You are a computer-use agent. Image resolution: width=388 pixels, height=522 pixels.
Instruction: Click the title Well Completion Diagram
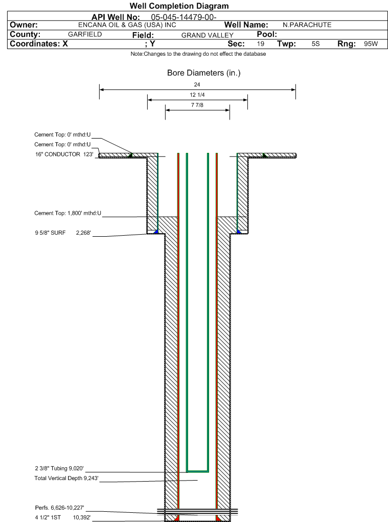pyautogui.click(x=179, y=6)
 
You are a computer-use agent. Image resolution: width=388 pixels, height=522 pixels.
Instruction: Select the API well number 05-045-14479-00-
pyautogui.click(x=184, y=17)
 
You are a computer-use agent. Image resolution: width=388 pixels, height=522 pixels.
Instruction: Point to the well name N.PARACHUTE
pyautogui.click(x=307, y=25)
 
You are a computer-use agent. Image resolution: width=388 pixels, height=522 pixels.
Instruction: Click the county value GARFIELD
pyautogui.click(x=85, y=34)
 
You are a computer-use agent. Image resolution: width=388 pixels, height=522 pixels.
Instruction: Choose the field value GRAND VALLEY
pyautogui.click(x=207, y=35)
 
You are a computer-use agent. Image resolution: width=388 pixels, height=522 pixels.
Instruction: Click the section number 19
pyautogui.click(x=261, y=44)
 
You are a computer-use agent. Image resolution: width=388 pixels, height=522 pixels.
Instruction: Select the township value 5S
pyautogui.click(x=315, y=44)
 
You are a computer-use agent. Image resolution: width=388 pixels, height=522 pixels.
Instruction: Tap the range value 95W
pyautogui.click(x=371, y=44)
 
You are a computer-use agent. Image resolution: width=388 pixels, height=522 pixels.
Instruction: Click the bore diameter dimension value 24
pyautogui.click(x=197, y=84)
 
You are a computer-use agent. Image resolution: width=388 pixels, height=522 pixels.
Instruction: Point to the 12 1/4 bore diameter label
pyautogui.click(x=197, y=95)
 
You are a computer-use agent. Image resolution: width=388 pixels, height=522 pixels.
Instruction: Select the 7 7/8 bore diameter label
pyautogui.click(x=197, y=105)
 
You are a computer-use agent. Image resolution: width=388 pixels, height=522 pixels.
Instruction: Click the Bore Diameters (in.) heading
pyautogui.click(x=203, y=73)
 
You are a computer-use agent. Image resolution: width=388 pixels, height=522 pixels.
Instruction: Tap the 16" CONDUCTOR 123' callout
pyautogui.click(x=64, y=154)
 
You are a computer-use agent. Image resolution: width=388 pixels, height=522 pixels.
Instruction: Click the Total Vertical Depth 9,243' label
pyautogui.click(x=66, y=479)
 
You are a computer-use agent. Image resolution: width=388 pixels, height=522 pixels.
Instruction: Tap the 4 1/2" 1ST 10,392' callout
pyautogui.click(x=62, y=517)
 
